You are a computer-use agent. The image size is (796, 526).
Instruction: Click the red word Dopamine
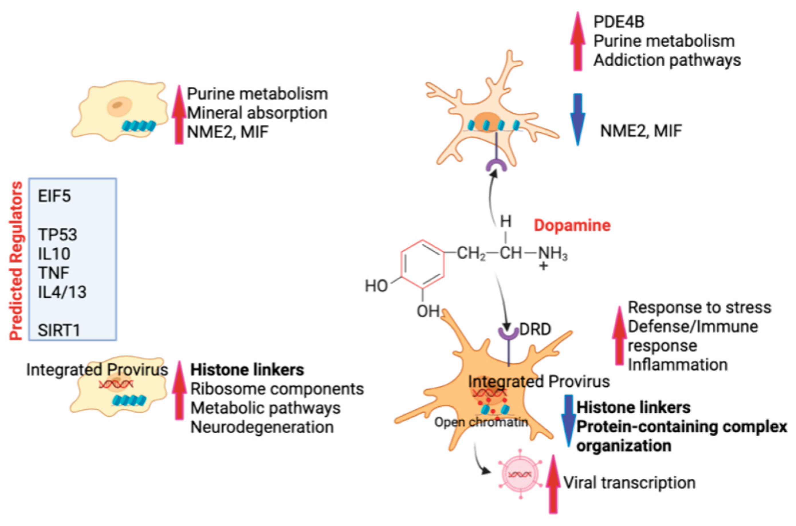pyautogui.click(x=572, y=225)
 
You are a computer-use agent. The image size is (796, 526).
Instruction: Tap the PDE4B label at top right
pyautogui.click(x=619, y=22)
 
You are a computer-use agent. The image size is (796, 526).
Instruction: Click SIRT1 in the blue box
pyautogui.click(x=59, y=330)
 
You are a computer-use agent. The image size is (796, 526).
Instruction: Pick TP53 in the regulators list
pyautogui.click(x=58, y=235)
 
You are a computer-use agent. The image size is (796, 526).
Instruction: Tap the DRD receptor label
pyautogui.click(x=535, y=330)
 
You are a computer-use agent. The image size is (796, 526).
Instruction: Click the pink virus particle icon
pyautogui.click(x=520, y=474)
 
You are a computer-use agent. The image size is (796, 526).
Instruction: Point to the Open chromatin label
pyautogui.click(x=481, y=422)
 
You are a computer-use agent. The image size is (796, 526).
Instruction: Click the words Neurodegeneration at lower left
pyautogui.click(x=262, y=427)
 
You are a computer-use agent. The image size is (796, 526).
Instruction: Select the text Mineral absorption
pyautogui.click(x=257, y=113)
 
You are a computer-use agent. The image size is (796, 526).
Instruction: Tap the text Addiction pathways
pyautogui.click(x=667, y=61)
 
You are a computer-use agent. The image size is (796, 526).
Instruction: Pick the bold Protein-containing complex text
pyautogui.click(x=682, y=427)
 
